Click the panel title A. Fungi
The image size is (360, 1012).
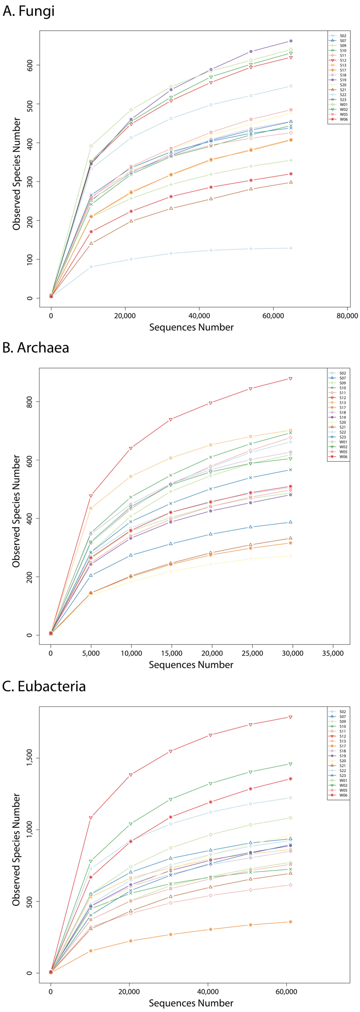pyautogui.click(x=28, y=11)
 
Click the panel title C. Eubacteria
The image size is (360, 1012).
pyautogui.click(x=44, y=686)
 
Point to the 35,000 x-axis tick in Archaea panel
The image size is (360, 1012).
pyautogui.click(x=333, y=653)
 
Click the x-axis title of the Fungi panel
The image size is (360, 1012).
pyautogui.click(x=191, y=327)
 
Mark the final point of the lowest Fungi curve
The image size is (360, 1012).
pyautogui.click(x=291, y=248)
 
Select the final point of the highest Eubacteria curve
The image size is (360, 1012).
pyautogui.click(x=290, y=717)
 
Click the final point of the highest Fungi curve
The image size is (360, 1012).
pyautogui.click(x=291, y=41)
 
